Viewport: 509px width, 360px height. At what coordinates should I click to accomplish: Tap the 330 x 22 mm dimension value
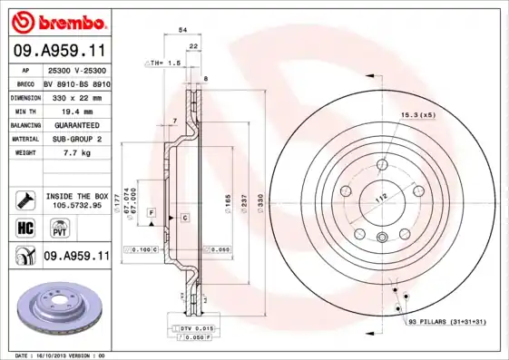tap(75, 96)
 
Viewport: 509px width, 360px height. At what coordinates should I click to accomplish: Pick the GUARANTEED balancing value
tap(72, 124)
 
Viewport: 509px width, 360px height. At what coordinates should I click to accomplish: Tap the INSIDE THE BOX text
tap(75, 196)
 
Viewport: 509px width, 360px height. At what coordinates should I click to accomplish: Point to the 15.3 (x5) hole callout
tap(417, 115)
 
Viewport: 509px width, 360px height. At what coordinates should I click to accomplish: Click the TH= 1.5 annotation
tap(163, 63)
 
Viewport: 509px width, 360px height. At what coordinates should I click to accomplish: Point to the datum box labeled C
tap(183, 219)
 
